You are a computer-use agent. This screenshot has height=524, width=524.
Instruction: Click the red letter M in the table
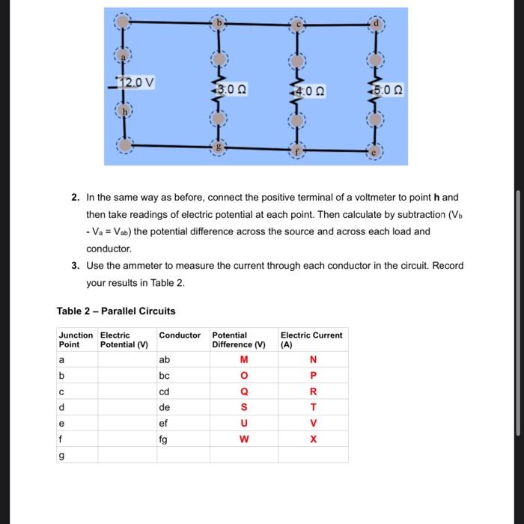[243, 360]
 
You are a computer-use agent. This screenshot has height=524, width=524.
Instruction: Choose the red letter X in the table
[313, 439]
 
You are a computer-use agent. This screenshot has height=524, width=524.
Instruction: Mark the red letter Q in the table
[243, 392]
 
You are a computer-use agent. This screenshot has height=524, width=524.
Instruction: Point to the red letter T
[313, 407]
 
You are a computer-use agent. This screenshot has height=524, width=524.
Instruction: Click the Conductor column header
[180, 335]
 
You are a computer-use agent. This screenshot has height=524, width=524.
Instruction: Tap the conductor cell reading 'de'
[165, 407]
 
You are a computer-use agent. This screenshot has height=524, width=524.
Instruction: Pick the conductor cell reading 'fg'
[164, 439]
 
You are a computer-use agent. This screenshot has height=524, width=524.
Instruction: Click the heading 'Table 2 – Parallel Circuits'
[116, 311]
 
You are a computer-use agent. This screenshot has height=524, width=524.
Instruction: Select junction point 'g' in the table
[61, 455]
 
